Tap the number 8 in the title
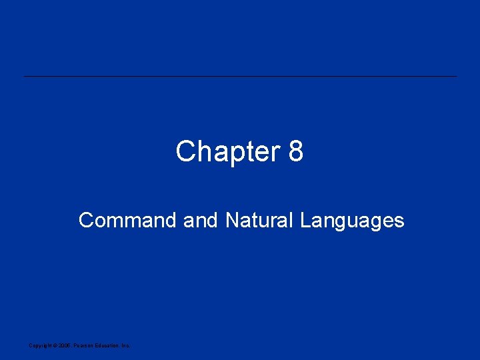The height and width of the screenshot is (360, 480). pos(296,152)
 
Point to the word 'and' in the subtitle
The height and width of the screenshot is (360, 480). pos(200,220)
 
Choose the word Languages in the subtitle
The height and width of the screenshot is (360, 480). pos(352,221)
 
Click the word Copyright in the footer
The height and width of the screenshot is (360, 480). pos(39,345)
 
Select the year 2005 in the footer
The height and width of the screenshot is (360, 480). pos(63,345)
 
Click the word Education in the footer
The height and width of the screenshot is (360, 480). pos(106,345)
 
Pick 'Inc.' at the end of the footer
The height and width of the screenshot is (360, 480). pos(125,345)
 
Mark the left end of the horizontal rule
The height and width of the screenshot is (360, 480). pos(25,76)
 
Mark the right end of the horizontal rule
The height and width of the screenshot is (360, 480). pos(457,76)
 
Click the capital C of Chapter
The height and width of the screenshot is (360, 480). pos(185,152)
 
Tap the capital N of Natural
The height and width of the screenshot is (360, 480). pos(233,220)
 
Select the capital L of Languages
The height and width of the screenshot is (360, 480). pos(305,220)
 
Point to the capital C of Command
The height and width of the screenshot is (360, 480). pos(86,220)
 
